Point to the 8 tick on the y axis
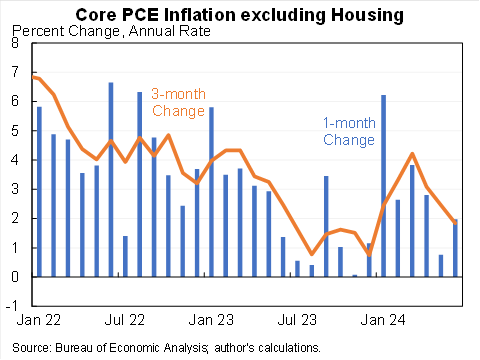tap(13, 44)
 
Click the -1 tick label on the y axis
tap(11, 306)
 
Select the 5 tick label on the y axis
tap(13, 131)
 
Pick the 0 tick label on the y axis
tap(13, 277)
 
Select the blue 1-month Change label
tap(348, 131)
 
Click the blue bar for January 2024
tap(384, 186)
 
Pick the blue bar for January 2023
tap(212, 192)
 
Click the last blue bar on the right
tap(456, 248)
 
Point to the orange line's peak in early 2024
tap(412, 154)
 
